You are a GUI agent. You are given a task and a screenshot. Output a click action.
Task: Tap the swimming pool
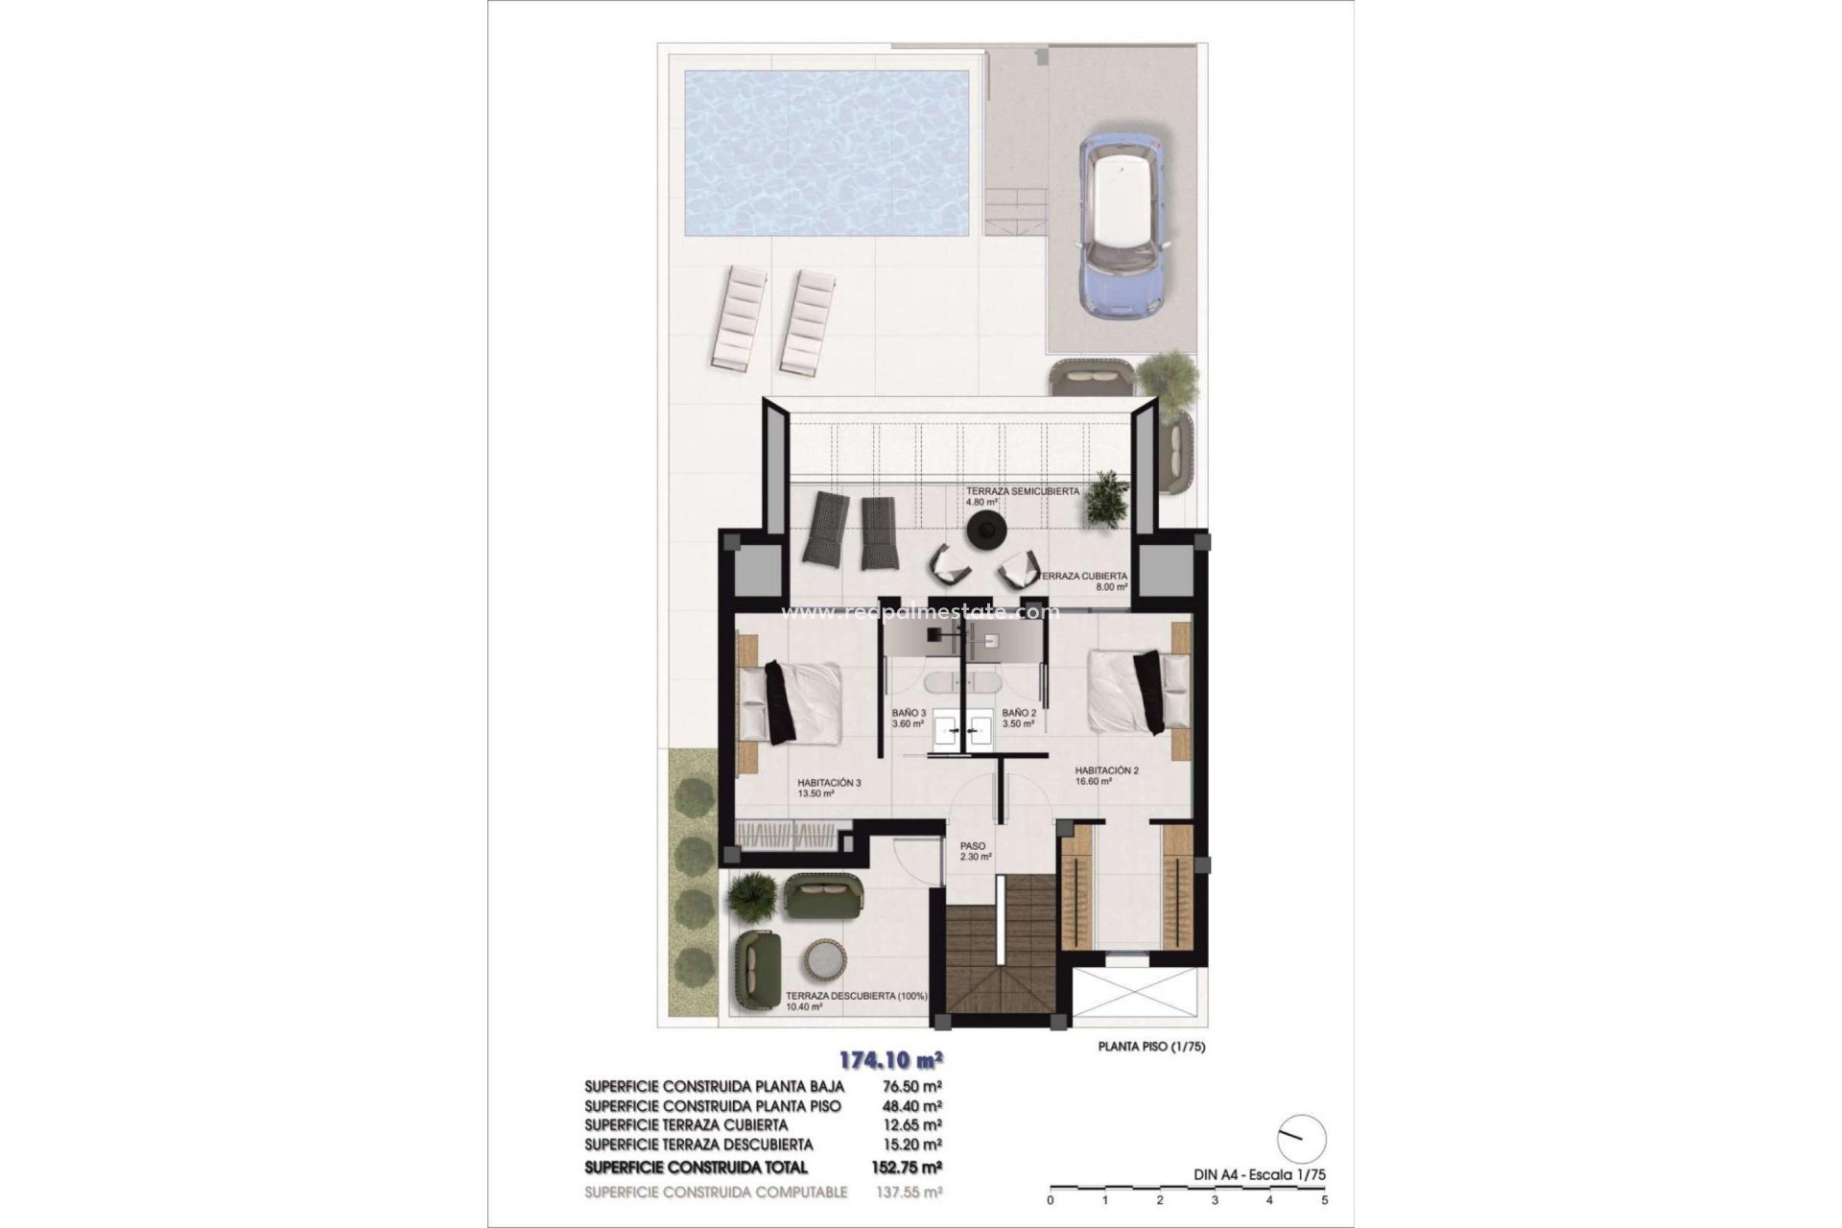pyautogui.click(x=825, y=154)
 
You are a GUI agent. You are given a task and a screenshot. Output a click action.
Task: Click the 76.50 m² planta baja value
pyautogui.click(x=910, y=1087)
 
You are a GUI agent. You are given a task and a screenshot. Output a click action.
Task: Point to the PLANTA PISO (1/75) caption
pyautogui.click(x=1151, y=1047)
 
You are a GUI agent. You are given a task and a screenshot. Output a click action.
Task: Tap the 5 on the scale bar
pyautogui.click(x=1324, y=1199)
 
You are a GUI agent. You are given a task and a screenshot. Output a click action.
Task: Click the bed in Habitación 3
pyautogui.click(x=792, y=703)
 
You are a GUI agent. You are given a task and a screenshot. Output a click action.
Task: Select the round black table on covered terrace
pyautogui.click(x=985, y=530)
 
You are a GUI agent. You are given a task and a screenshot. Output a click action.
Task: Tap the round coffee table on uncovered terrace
pyautogui.click(x=823, y=959)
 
